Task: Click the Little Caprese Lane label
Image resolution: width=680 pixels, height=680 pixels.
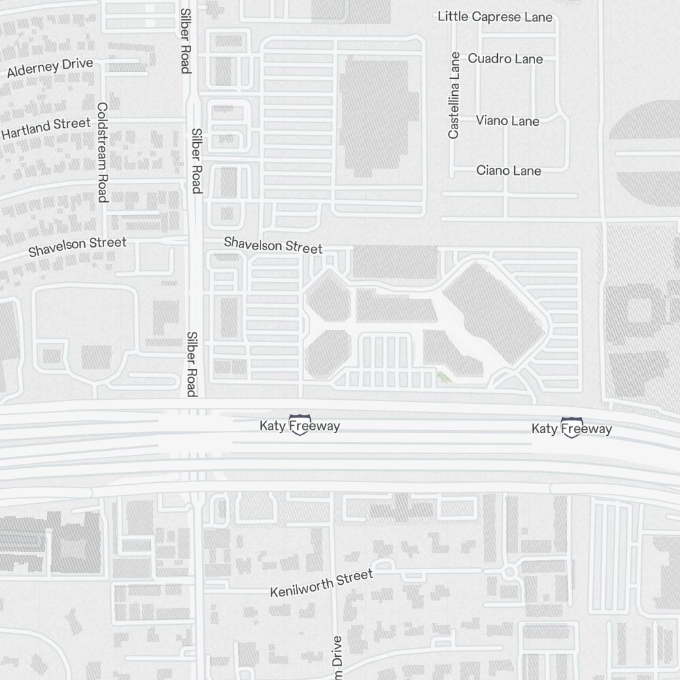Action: coord(494,16)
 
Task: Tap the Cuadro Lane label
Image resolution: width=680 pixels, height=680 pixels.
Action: coord(505,59)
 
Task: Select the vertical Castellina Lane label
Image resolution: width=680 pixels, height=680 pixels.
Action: coord(454,96)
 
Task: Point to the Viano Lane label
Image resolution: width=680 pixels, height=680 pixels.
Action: coord(507,121)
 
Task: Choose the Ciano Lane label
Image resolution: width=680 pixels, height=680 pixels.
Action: coord(508,171)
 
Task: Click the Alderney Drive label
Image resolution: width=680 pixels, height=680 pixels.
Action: coord(50,68)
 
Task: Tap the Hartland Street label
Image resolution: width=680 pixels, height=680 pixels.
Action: coord(46,128)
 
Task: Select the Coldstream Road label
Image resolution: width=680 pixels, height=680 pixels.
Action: coord(103,152)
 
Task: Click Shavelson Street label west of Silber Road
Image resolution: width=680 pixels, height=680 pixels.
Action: coord(77,246)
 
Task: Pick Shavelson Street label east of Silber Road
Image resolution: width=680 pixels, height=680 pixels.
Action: coord(273,245)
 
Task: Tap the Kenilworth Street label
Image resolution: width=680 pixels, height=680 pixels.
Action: coord(322,583)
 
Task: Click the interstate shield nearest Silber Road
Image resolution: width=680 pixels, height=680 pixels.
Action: coord(299,425)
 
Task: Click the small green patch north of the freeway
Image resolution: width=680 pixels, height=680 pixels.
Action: coord(445,376)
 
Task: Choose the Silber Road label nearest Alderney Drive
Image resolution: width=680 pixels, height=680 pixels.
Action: coord(184,41)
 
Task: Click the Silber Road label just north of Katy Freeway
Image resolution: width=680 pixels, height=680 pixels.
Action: coord(192,364)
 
